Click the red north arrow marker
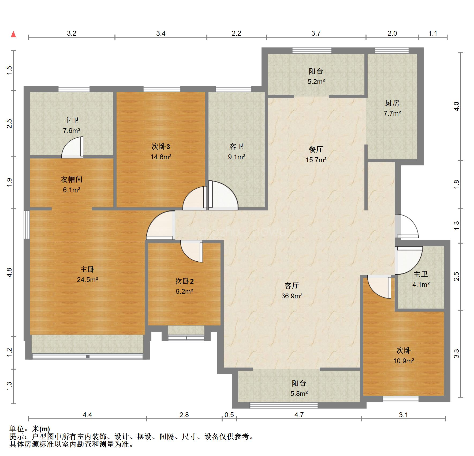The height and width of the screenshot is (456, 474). [13, 34]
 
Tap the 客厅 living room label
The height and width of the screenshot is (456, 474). [292, 286]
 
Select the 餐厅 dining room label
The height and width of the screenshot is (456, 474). [316, 149]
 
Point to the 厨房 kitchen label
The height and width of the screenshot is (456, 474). [392, 103]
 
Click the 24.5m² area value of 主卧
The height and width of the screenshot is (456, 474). [87, 280]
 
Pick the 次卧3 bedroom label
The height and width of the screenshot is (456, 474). [161, 147]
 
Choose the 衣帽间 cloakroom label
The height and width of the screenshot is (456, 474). [71, 180]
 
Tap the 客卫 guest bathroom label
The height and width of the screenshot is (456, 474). [236, 147]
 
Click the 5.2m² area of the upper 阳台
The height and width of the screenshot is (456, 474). [316, 81]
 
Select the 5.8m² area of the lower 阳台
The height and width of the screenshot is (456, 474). [299, 394]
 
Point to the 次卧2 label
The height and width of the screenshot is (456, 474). [184, 281]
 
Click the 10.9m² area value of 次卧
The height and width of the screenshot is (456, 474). [404, 361]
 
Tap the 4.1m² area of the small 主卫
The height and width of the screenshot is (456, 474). [421, 284]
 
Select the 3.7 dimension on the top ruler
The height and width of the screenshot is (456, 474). [316, 33]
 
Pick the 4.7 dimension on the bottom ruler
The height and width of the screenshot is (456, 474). [299, 415]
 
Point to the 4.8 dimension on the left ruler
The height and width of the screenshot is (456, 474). [9, 273]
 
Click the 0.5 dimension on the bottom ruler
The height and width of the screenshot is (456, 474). [229, 415]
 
